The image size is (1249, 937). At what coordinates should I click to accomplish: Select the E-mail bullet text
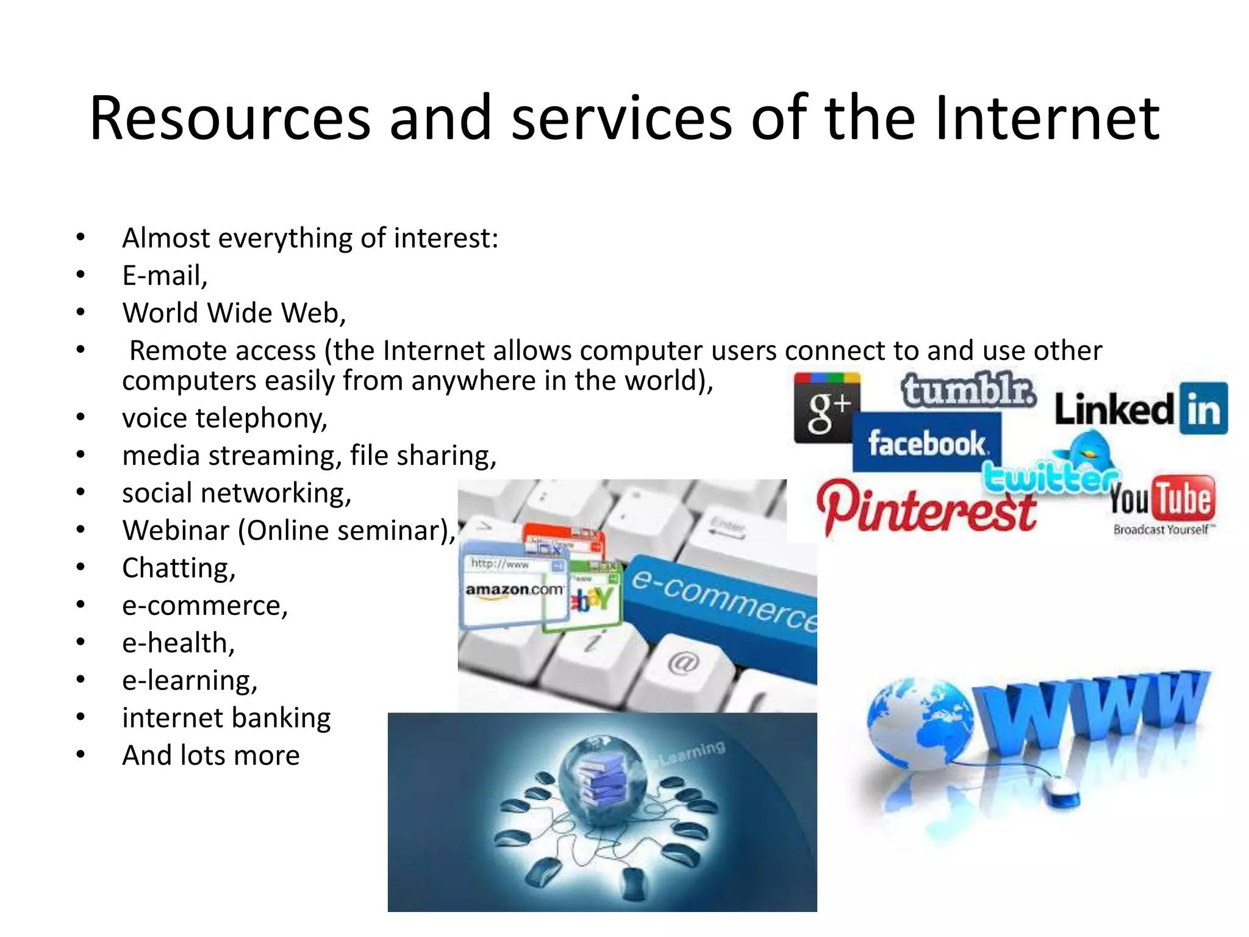tap(165, 276)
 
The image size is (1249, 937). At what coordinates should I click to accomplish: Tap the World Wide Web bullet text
tap(234, 313)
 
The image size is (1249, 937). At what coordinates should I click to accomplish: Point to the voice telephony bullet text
tap(224, 418)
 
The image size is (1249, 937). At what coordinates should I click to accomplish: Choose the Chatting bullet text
tap(179, 568)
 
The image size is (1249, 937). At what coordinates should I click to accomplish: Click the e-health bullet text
tap(178, 643)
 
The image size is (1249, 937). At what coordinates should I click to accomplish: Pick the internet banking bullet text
tap(226, 718)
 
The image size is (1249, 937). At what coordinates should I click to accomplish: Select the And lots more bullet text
tap(211, 756)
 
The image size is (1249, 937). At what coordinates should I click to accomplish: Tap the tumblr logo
tap(968, 390)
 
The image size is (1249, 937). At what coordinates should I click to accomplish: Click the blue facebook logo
tap(926, 443)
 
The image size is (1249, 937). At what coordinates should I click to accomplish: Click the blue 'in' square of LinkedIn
tap(1203, 408)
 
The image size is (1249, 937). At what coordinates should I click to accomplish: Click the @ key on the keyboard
tap(682, 663)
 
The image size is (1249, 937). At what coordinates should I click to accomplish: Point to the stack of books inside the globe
tap(601, 775)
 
